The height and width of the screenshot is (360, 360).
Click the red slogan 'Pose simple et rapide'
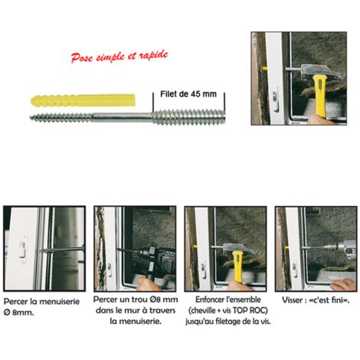119,56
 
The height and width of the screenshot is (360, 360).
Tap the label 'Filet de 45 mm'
189,93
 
